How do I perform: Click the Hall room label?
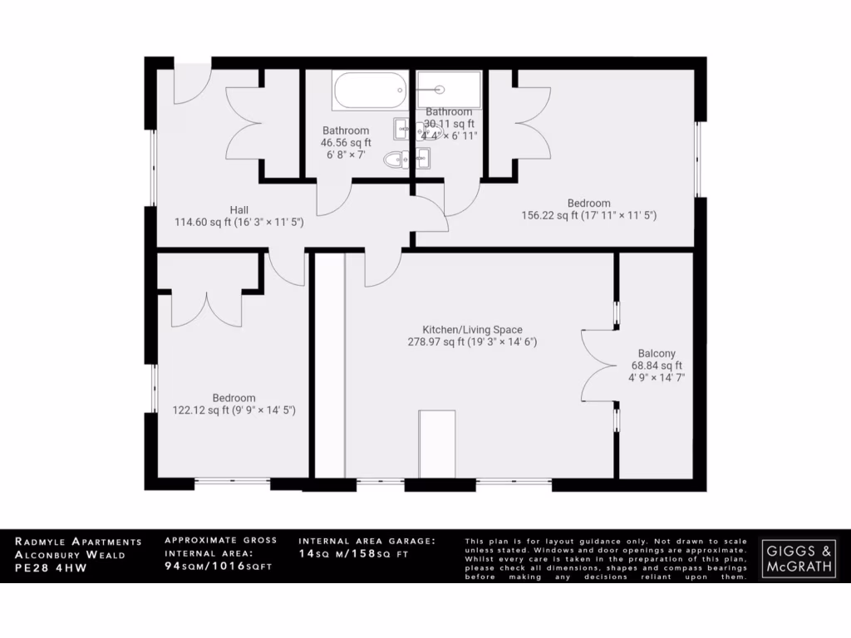point(240,209)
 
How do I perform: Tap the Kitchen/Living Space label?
point(472,330)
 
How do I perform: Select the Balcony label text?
point(657,352)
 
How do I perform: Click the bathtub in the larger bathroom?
point(370,91)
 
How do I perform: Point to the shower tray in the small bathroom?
point(449,88)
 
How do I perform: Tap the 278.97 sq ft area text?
point(472,341)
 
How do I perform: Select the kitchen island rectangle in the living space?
point(437,444)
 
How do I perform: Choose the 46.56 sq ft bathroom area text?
point(346,143)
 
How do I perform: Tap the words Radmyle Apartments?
point(78,542)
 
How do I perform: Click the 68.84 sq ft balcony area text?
point(657,366)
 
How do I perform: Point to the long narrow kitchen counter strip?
point(329,365)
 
